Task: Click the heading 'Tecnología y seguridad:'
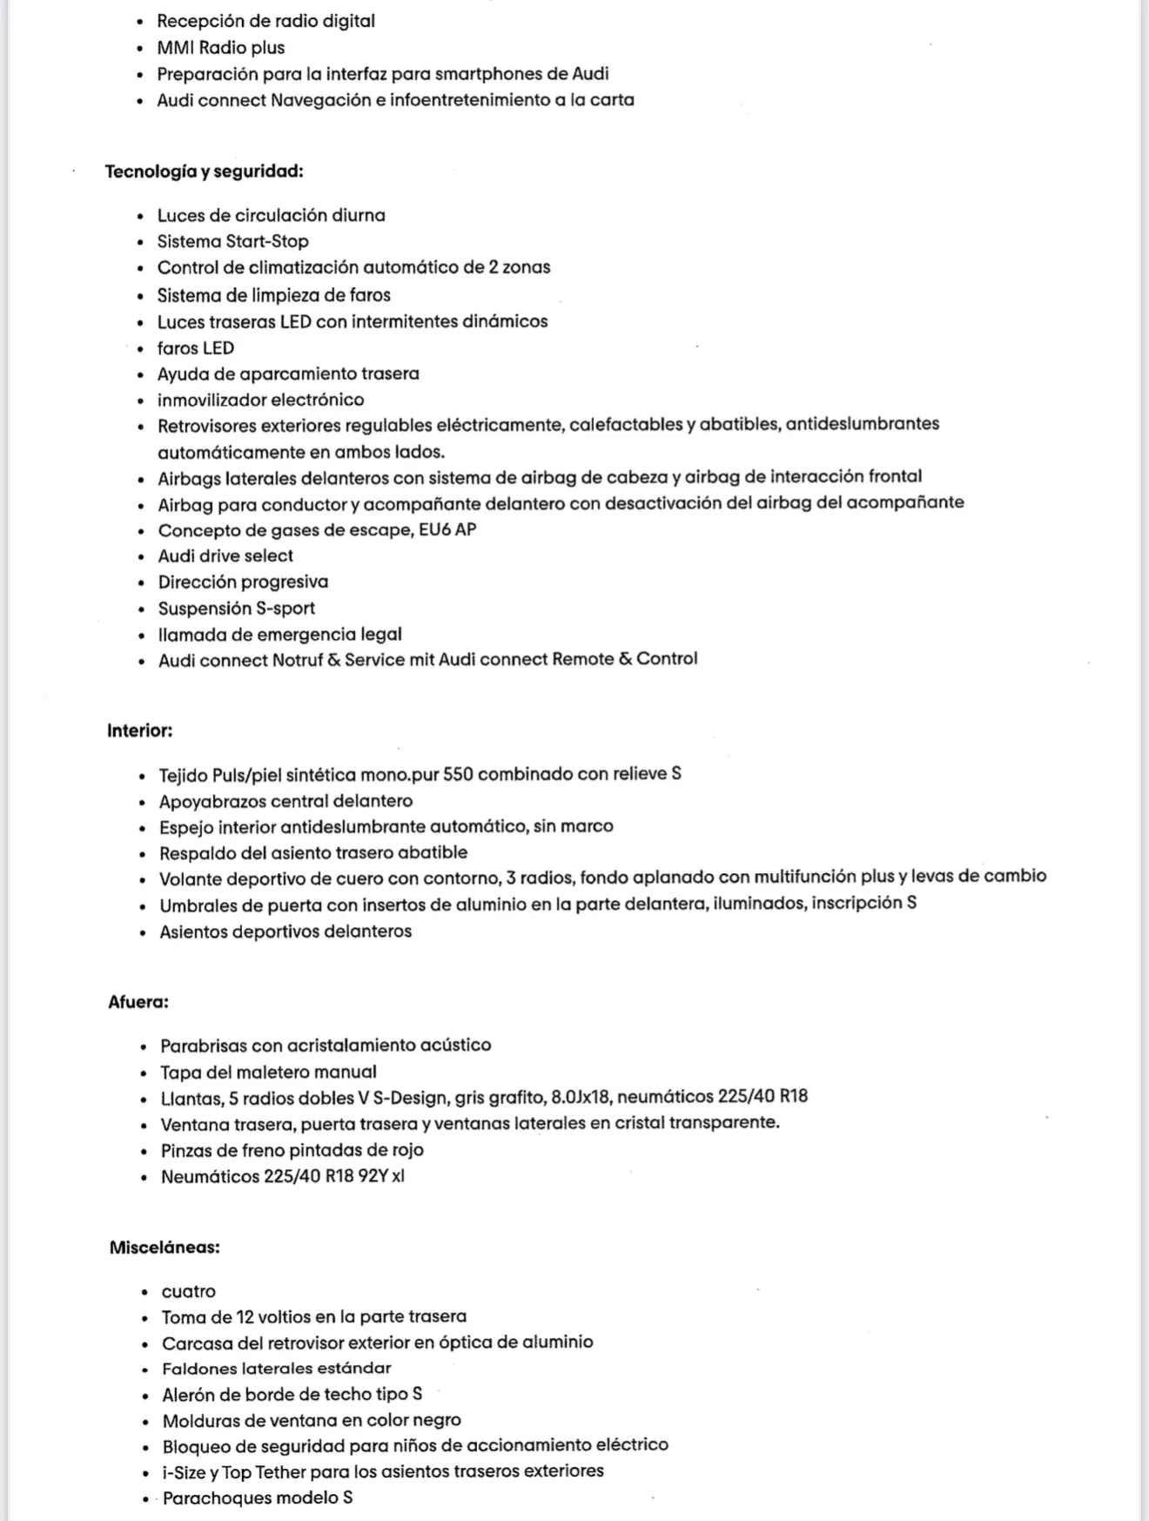point(204,172)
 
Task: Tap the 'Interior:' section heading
point(139,730)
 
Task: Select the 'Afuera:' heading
point(138,1002)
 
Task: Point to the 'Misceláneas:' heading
point(165,1248)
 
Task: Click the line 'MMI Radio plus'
point(220,48)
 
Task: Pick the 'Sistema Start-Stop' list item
point(232,241)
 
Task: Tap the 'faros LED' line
point(195,348)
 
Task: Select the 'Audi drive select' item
point(225,555)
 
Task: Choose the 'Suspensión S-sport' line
point(236,609)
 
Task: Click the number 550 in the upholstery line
point(458,774)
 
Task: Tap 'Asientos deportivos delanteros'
point(286,932)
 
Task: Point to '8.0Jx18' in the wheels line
point(581,1097)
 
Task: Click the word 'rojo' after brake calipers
point(405,1150)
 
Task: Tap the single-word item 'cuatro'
point(188,1292)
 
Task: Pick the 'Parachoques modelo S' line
point(257,1498)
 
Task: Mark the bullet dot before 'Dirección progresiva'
point(141,583)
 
